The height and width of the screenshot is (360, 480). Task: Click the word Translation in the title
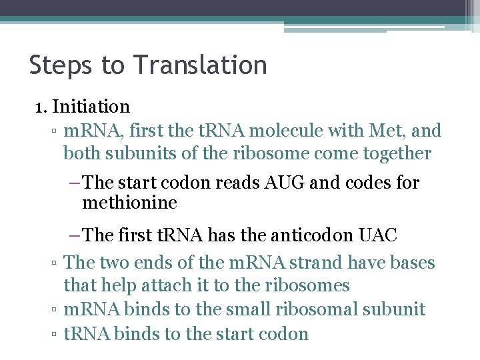point(200,65)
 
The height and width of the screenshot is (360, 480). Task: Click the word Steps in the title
point(61,65)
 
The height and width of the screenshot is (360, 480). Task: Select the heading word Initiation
point(91,106)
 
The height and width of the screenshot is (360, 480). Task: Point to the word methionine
point(129,202)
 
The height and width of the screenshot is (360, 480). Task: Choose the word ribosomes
point(310,285)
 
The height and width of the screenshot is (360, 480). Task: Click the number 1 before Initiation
point(39,106)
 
